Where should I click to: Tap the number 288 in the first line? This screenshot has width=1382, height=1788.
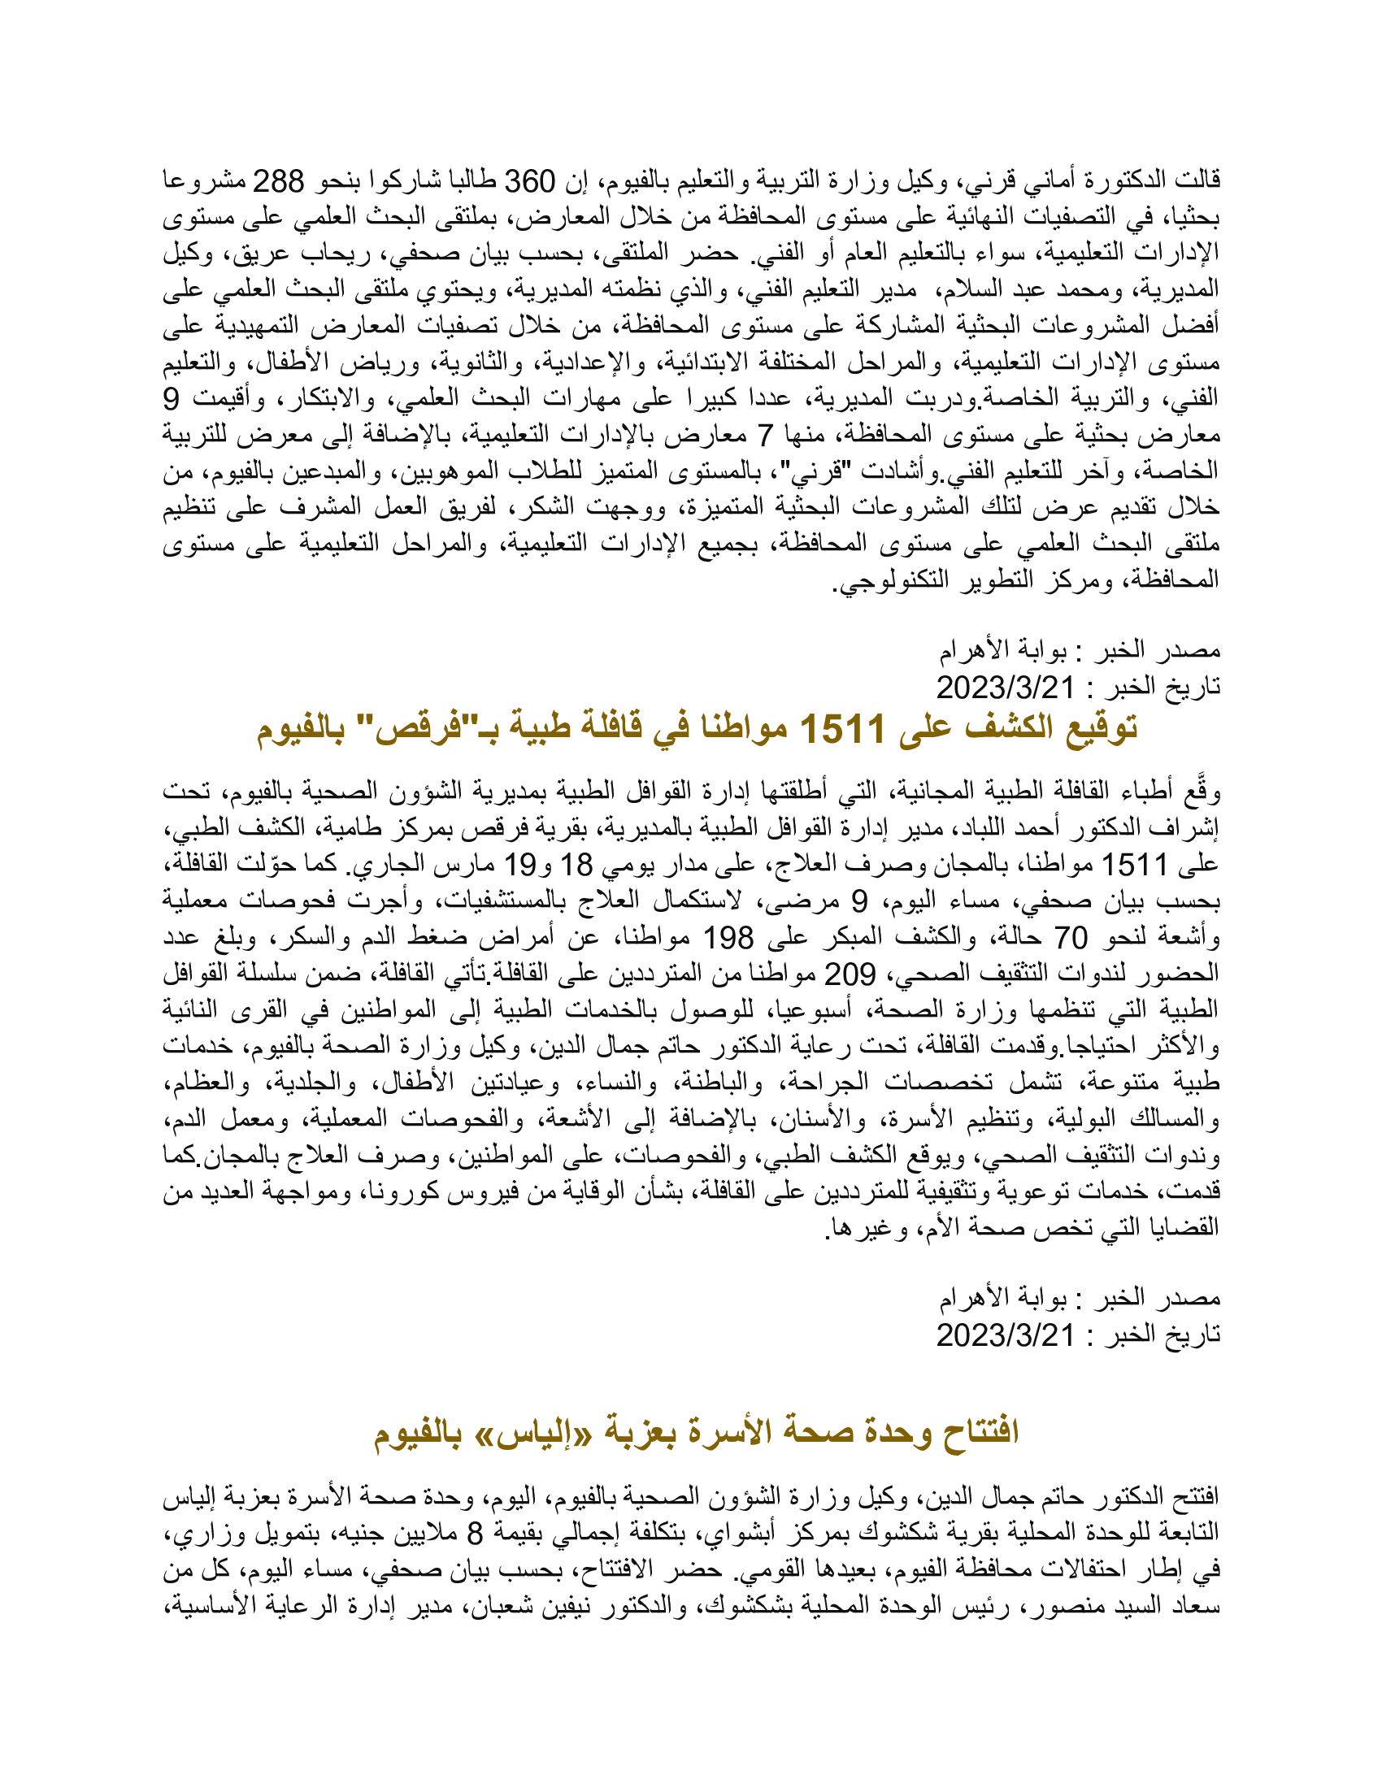pyautogui.click(x=276, y=180)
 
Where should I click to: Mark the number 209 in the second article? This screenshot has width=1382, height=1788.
pyautogui.click(x=848, y=974)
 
